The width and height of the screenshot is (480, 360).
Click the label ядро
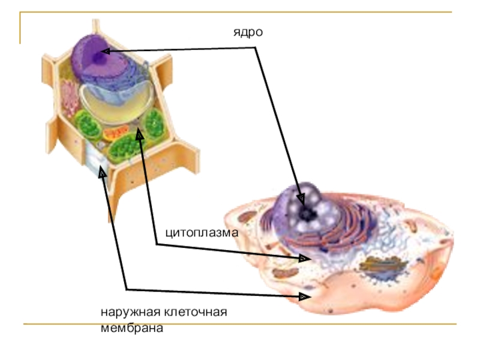pyautogui.click(x=248, y=32)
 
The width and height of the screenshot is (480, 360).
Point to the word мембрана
pyautogui.click(x=131, y=328)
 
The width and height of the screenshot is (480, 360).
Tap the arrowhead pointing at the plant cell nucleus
pyautogui.click(x=104, y=52)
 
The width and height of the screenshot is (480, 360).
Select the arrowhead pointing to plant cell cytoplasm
pyautogui.click(x=140, y=137)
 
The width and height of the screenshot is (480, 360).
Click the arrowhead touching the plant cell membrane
pyautogui.click(x=102, y=171)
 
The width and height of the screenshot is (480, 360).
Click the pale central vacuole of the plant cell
pyautogui.click(x=114, y=102)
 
